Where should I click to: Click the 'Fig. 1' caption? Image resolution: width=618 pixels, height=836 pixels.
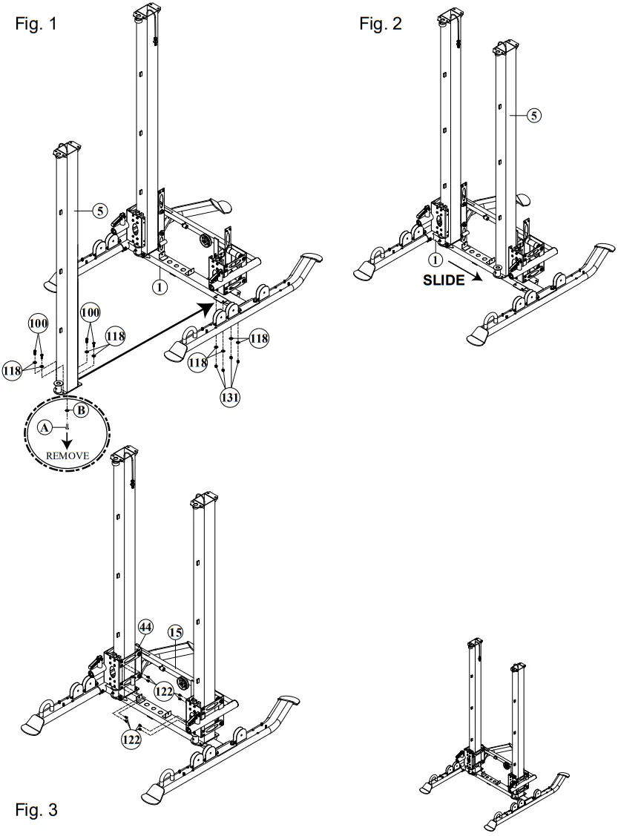point(35,23)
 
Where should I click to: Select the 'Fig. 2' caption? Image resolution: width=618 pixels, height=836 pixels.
point(381,23)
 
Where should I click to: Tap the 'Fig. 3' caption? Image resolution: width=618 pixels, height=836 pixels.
point(35,808)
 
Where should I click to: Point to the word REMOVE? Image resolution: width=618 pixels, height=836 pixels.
point(67,455)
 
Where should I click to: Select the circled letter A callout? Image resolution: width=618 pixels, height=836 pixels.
point(44,427)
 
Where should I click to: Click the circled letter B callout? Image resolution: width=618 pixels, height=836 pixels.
point(82,409)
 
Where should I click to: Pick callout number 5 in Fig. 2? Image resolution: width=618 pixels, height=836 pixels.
point(535,114)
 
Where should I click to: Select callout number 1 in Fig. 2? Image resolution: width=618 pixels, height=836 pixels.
point(436,260)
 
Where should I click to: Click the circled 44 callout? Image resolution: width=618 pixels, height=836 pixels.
point(145,628)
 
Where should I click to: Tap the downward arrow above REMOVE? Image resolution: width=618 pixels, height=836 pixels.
point(67,438)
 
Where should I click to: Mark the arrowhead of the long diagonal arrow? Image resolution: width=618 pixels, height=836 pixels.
point(208,306)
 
